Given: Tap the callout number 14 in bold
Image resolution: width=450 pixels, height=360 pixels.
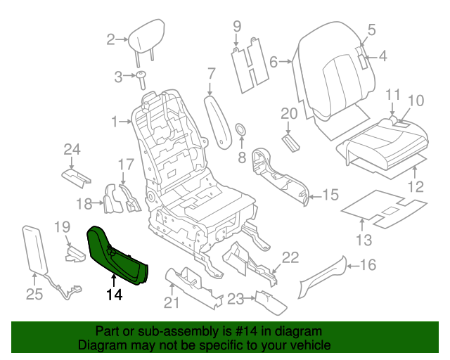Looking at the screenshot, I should [115, 295].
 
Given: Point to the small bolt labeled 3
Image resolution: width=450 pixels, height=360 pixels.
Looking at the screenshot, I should [141, 78].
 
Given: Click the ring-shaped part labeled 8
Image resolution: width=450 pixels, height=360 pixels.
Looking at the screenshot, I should [240, 129].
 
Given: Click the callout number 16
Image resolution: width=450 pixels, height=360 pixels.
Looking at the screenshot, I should [368, 265].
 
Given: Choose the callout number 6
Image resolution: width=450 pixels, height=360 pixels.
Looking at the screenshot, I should [274, 61].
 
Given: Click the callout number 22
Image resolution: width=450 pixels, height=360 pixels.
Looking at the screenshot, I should [290, 257].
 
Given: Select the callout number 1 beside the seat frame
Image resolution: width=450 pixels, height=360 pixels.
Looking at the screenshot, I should [115, 122].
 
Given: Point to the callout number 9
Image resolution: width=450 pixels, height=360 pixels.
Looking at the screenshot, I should [237, 26].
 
